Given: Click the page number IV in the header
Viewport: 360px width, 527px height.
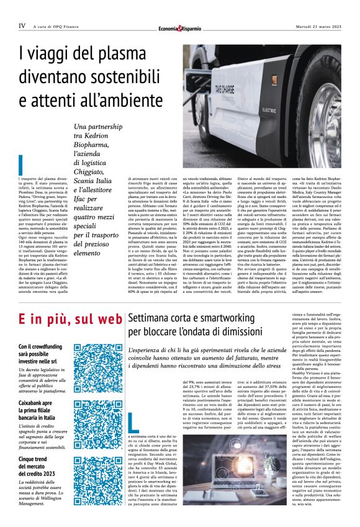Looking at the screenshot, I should point(22,26).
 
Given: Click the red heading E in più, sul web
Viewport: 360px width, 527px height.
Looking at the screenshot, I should point(68,319).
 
